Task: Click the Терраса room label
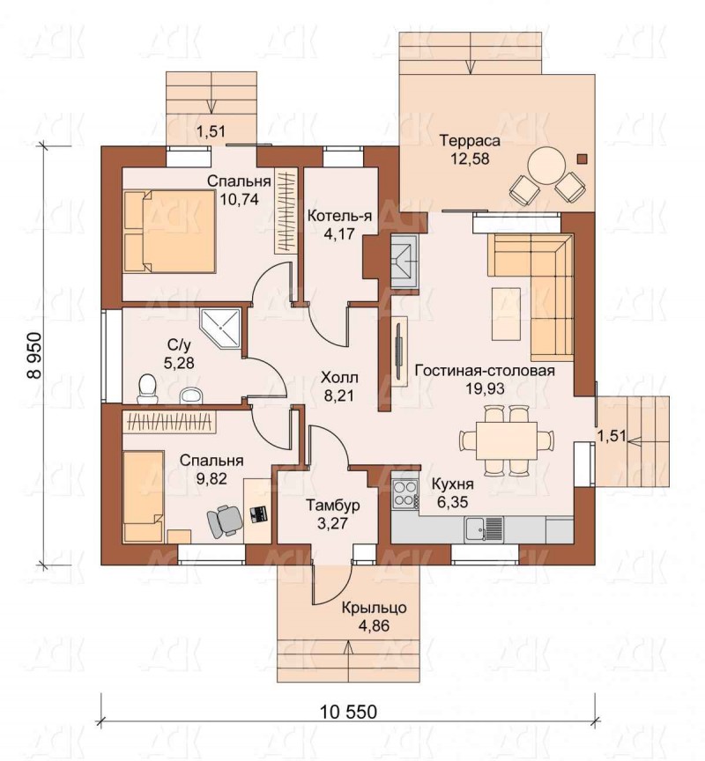coord(470,141)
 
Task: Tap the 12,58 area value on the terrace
coord(470,159)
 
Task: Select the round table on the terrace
coord(546,166)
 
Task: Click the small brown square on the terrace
coord(583,159)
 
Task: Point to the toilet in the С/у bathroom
coord(146,389)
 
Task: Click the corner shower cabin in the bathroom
coord(220,328)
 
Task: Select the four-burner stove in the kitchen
coord(405,493)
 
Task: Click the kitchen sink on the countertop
coord(483,528)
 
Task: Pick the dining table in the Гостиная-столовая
coord(507,440)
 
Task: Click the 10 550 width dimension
coord(348,712)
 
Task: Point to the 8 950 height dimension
coord(33,355)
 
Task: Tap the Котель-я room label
coord(339,216)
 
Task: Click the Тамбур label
coord(332,506)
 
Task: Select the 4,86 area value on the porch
coord(374,625)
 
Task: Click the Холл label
coord(339,377)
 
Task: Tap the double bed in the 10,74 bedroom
coord(169,231)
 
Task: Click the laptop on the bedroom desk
coord(258,514)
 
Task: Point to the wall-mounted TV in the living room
coord(398,351)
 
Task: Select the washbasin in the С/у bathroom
coord(191,395)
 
